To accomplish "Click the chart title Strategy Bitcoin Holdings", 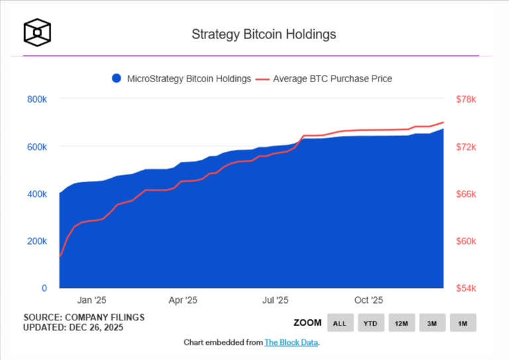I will pos(263,34).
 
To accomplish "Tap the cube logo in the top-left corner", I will pos(37,31).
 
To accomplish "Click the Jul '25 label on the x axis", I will pos(275,300).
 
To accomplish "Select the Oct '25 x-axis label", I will pos(369,300).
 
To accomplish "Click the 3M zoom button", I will pos(431,324).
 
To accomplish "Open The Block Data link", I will pos(292,343).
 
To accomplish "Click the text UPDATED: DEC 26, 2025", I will pos(73,328).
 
